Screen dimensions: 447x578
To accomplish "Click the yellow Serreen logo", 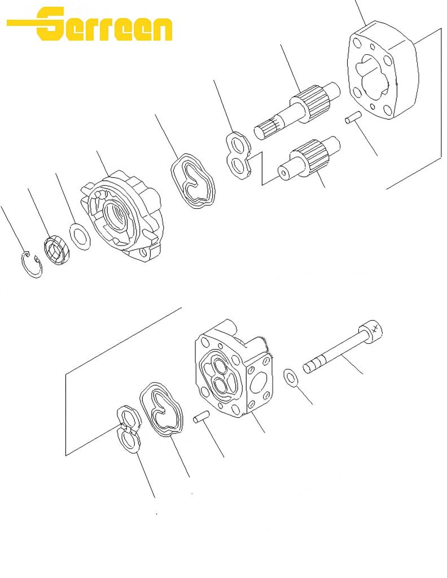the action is click(90, 24).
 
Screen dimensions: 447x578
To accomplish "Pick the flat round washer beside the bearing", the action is click(80, 237).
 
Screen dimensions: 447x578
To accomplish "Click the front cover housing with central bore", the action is click(121, 216).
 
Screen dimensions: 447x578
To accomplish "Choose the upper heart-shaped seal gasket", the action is click(192, 181).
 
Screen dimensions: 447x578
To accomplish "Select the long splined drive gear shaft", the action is click(297, 110).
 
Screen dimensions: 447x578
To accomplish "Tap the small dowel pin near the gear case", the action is click(353, 117).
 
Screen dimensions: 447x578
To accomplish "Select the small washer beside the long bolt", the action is click(291, 378).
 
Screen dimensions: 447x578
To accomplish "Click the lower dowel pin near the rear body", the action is click(201, 417).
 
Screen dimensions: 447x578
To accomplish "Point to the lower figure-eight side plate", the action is click(128, 429).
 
